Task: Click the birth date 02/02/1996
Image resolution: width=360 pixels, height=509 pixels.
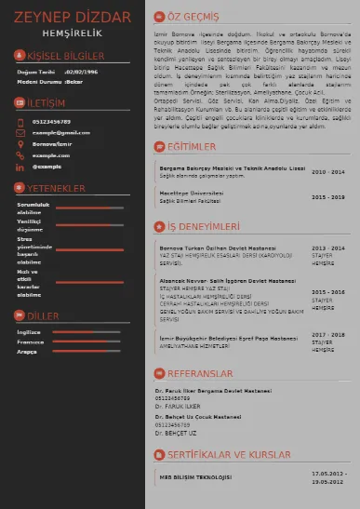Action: click(80, 71)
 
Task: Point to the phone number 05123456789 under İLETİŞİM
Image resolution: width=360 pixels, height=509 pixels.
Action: click(51, 121)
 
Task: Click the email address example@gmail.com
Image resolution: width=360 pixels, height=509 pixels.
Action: click(61, 133)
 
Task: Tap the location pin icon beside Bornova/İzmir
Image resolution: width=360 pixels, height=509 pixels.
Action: click(20, 144)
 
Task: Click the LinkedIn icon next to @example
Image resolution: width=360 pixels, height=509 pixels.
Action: click(20, 167)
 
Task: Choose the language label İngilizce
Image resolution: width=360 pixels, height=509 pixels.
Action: click(29, 331)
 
